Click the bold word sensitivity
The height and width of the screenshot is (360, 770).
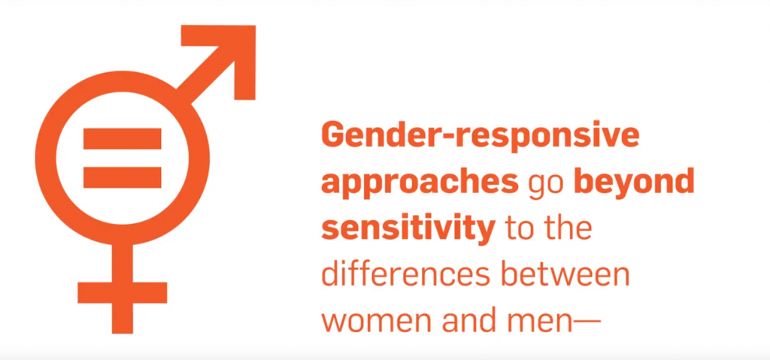(x=407, y=229)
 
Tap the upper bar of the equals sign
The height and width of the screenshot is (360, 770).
(x=123, y=138)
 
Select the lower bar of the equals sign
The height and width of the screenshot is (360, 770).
(x=123, y=177)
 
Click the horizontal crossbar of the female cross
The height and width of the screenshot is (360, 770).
(x=123, y=292)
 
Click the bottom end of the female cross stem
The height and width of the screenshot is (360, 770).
(x=123, y=333)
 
